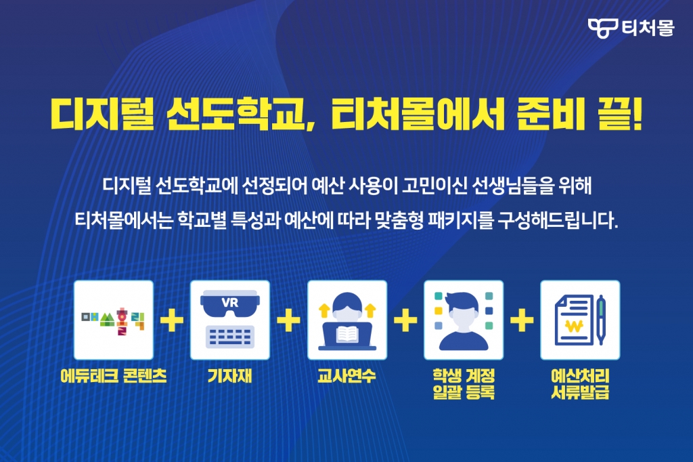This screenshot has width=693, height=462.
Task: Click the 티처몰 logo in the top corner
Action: (631, 28)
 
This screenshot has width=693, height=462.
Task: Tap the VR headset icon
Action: (230, 303)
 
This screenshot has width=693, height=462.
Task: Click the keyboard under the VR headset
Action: (230, 337)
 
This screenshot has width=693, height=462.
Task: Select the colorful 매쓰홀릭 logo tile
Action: (114, 320)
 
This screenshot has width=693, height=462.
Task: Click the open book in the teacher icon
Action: (347, 335)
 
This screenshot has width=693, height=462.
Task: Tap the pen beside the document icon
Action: (600, 320)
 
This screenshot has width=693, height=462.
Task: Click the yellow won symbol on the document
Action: (574, 327)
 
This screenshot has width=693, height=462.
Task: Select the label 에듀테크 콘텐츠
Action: (114, 376)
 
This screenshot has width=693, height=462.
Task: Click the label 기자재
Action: (230, 376)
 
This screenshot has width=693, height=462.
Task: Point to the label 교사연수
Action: (347, 376)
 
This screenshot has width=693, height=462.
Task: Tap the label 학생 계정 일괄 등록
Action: (464, 384)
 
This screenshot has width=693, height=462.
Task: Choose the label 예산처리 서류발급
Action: (580, 384)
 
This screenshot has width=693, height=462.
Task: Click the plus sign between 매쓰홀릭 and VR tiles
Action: (172, 320)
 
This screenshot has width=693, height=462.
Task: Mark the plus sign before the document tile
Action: (522, 320)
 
